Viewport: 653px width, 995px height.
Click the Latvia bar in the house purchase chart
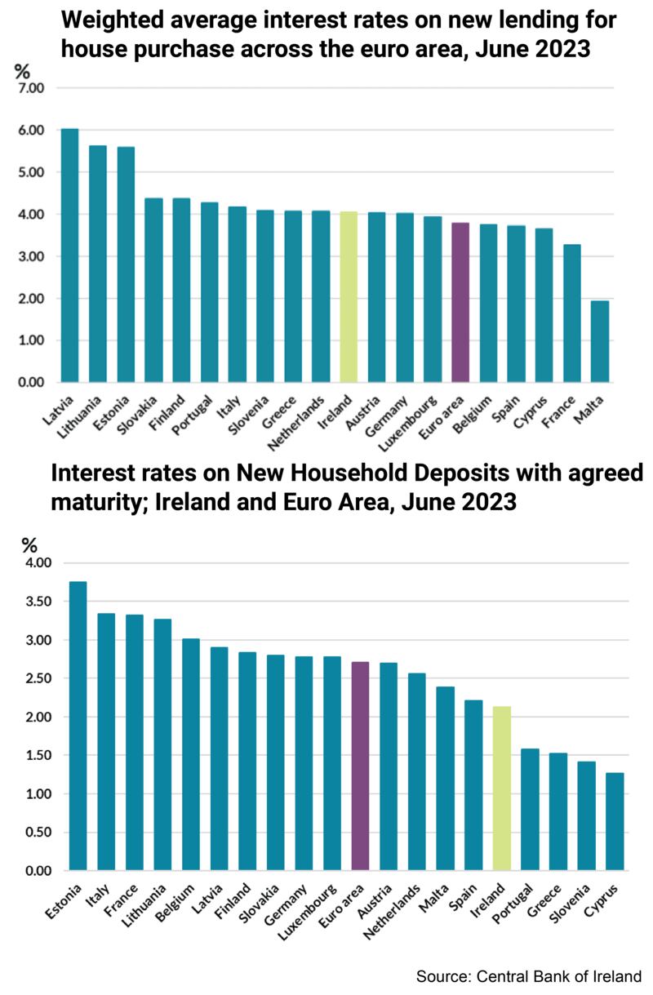tap(70, 255)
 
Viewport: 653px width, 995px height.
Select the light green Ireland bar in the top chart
tap(349, 297)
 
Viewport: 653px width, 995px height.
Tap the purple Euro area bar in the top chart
tap(460, 302)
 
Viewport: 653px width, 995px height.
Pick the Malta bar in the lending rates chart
tap(600, 341)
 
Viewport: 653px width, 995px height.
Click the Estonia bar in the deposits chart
tap(78, 726)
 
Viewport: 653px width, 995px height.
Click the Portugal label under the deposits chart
tap(517, 900)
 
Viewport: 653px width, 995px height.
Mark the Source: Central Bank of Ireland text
tap(529, 976)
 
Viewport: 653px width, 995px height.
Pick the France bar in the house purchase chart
tap(572, 313)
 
